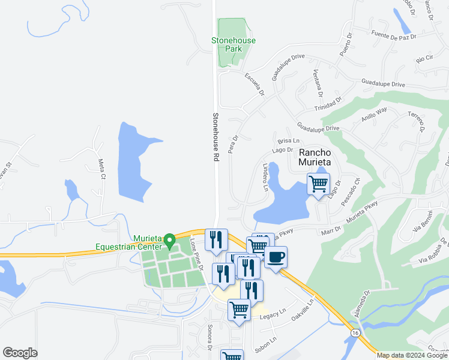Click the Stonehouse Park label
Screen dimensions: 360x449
[x=234, y=44]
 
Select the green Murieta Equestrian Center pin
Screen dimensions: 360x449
[x=170, y=241]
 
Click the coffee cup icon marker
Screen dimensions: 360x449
[x=276, y=257]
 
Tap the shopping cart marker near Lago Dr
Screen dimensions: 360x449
[x=318, y=183]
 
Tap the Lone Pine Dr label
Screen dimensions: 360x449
[x=197, y=254]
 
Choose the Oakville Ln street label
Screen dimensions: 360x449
[x=303, y=310]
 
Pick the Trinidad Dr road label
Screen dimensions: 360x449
[x=328, y=105]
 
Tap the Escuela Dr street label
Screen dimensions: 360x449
[x=255, y=85]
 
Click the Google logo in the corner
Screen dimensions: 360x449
[x=20, y=353]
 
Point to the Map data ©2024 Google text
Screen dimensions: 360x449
[x=412, y=355]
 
